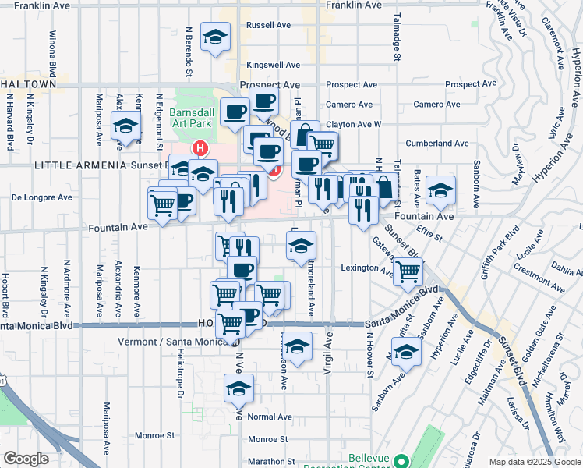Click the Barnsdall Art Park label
[191, 118]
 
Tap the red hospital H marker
[201, 147]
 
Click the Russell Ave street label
[268, 25]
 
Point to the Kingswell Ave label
[273, 65]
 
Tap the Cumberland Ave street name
[437, 144]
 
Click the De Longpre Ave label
[41, 197]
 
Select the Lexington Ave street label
[367, 268]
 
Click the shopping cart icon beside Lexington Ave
[408, 272]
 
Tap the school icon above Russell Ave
[215, 37]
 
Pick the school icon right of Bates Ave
[441, 191]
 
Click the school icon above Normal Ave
[239, 388]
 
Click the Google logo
[26, 459]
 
